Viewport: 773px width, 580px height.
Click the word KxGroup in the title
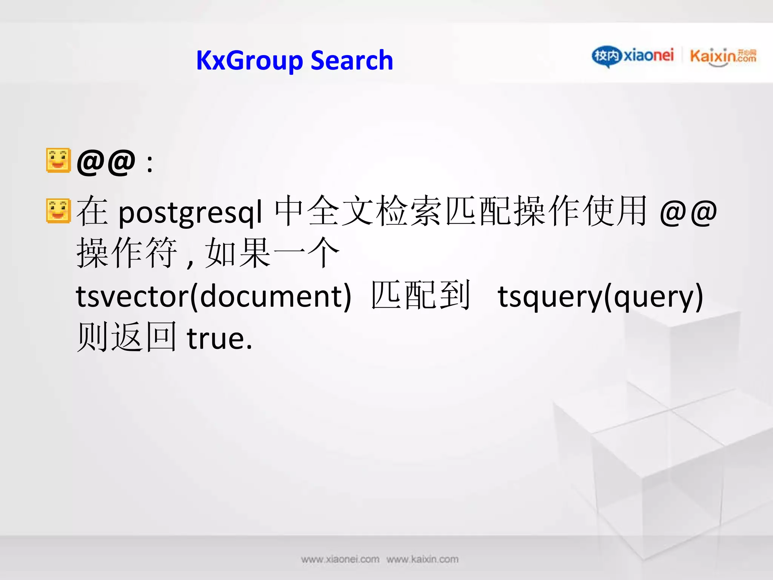(x=249, y=61)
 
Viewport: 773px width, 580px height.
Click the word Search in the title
(x=352, y=61)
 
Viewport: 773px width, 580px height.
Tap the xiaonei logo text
(x=648, y=56)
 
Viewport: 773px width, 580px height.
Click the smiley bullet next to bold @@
(x=58, y=160)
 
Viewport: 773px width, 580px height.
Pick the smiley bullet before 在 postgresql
(x=58, y=211)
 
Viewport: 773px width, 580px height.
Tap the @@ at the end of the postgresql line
(x=688, y=213)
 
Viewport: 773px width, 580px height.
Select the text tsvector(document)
(x=214, y=297)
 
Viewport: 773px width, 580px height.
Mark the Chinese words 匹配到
(x=421, y=295)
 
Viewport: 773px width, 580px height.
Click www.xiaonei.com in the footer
(x=340, y=559)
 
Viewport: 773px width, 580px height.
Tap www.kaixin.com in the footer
(x=422, y=559)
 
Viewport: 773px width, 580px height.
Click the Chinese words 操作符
(x=126, y=253)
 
